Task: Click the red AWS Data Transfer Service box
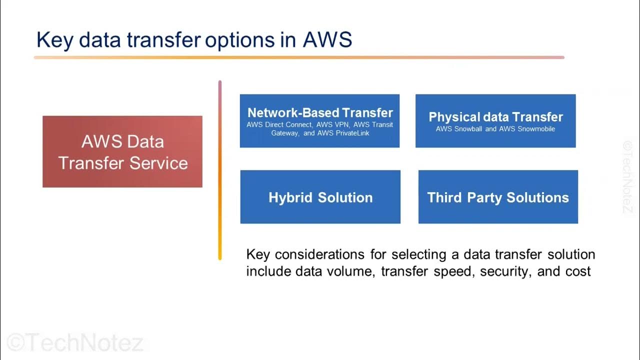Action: (x=122, y=152)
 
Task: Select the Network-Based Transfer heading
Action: (x=320, y=113)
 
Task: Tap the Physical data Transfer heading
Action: (x=495, y=117)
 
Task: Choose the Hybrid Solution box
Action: (x=320, y=197)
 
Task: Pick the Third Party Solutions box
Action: (x=498, y=197)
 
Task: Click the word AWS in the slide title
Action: (x=327, y=40)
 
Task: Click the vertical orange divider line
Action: (x=219, y=170)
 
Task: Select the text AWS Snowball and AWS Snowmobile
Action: (x=495, y=129)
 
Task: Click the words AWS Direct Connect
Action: (x=279, y=124)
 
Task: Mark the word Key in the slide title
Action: (x=54, y=40)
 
